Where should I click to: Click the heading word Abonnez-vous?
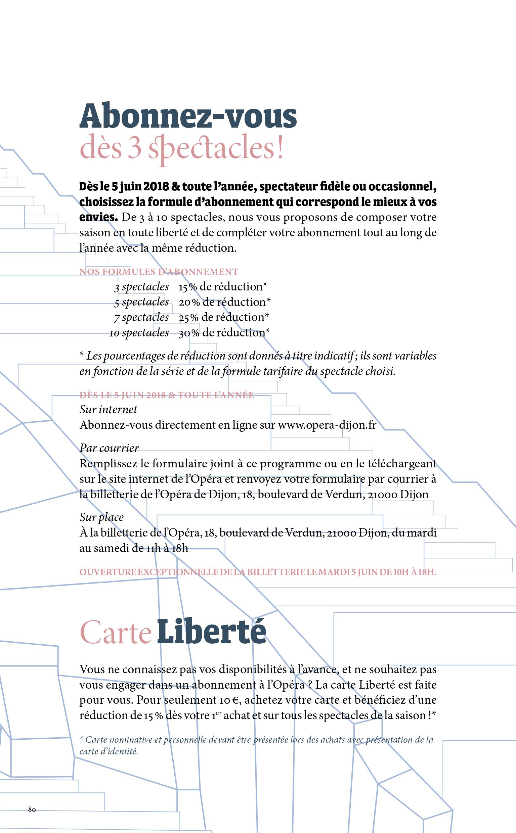coord(188,116)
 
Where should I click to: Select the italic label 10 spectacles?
coord(139,333)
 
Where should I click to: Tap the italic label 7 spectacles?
coord(141,317)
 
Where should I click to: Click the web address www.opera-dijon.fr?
coord(327,425)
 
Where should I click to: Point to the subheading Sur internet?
coord(108,410)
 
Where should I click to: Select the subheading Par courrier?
coord(109,448)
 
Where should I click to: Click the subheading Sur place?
coord(101,517)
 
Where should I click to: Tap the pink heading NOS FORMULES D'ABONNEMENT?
coord(159,272)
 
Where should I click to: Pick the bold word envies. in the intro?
coord(98,217)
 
